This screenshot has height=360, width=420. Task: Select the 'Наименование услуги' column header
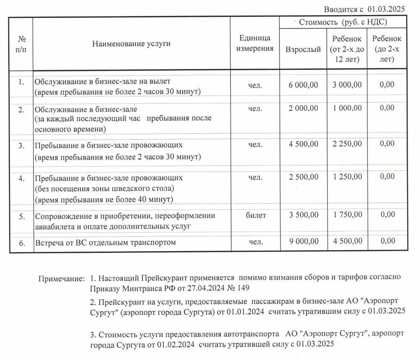pos(131,44)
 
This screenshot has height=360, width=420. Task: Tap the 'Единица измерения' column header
pos(255,44)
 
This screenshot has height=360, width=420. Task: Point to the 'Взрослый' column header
pos(303,50)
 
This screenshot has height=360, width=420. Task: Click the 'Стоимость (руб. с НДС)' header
pos(343,23)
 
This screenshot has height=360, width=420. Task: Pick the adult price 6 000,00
pos(303,85)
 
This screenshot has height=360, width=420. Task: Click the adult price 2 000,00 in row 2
pos(303,108)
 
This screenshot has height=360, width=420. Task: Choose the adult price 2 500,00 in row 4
pos(303,177)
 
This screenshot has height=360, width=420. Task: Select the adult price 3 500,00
pos(303,215)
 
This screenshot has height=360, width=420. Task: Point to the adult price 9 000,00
pos(303,242)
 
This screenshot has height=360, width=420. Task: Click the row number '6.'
pos(21,242)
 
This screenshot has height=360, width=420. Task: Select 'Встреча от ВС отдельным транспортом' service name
pos(105,242)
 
